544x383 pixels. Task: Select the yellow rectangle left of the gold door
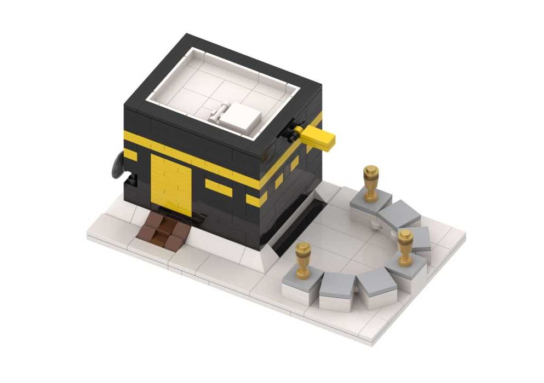pos(130,155)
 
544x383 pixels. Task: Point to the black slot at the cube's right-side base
pos(299,224)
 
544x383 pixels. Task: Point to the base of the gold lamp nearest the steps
pos(302,273)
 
